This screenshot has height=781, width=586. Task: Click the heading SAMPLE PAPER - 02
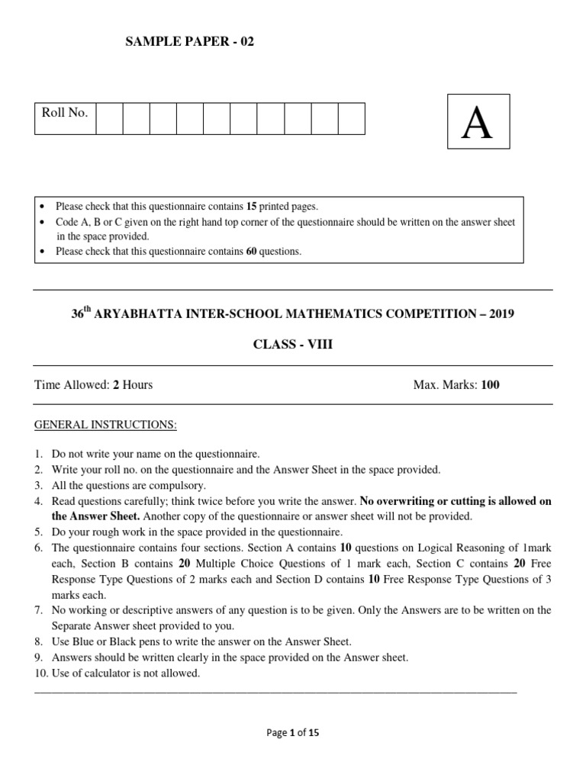pyautogui.click(x=189, y=42)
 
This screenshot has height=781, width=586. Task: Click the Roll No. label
pyautogui.click(x=65, y=113)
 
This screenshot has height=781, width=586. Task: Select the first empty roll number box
pyautogui.click(x=109, y=118)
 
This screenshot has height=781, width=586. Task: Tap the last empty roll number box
pyautogui.click(x=351, y=118)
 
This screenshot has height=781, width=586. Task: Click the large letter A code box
pyautogui.click(x=478, y=121)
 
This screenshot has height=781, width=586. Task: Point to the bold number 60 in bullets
pyautogui.click(x=251, y=251)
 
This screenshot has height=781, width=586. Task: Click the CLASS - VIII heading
pyautogui.click(x=293, y=345)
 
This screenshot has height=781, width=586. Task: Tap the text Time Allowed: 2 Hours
pyautogui.click(x=93, y=384)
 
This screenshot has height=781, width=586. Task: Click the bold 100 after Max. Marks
pyautogui.click(x=491, y=384)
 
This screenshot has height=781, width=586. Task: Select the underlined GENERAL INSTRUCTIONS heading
pyautogui.click(x=105, y=424)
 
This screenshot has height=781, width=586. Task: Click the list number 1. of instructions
pyautogui.click(x=39, y=453)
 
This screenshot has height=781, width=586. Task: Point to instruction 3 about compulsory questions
pyautogui.click(x=128, y=485)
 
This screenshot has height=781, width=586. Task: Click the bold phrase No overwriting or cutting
pyautogui.click(x=423, y=501)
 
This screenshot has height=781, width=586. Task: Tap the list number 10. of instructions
pyautogui.click(x=41, y=673)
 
